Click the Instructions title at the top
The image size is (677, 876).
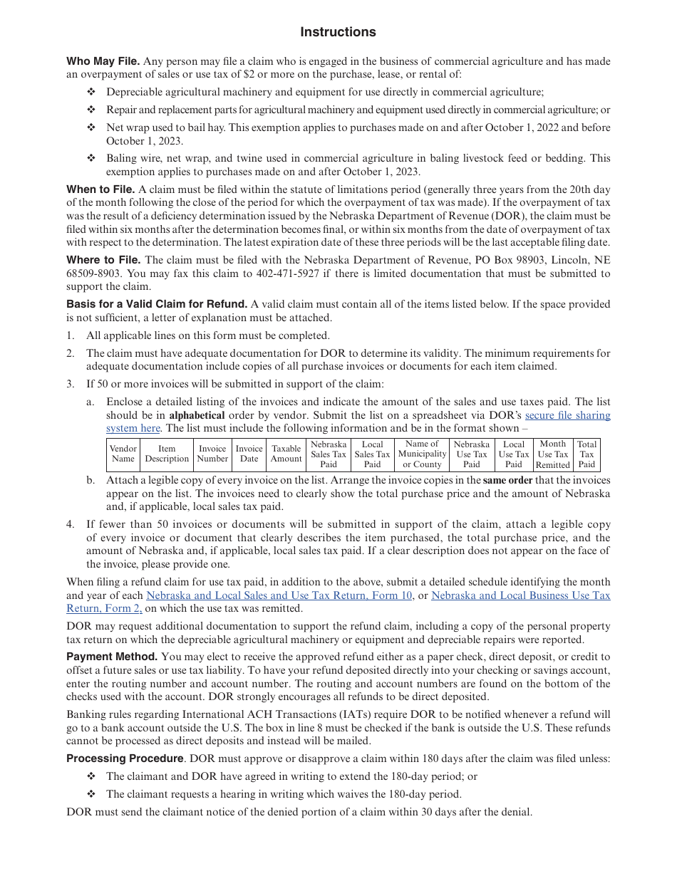[x=338, y=32]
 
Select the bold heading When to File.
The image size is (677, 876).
[x=100, y=189]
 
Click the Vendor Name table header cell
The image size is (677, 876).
[x=123, y=454]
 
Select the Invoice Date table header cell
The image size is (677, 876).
[x=249, y=454]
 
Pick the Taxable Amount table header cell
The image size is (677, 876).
[x=286, y=454]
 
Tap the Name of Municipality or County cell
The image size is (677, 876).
[x=422, y=454]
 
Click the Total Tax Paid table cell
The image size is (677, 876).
[x=586, y=454]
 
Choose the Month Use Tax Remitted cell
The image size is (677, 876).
[x=552, y=454]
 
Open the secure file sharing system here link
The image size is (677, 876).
[x=567, y=415]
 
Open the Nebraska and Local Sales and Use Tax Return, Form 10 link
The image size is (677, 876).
[x=279, y=595]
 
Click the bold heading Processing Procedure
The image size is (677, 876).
[x=125, y=758]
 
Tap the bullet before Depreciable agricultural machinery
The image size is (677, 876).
[x=91, y=92]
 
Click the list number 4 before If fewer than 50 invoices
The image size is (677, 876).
[x=70, y=524]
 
